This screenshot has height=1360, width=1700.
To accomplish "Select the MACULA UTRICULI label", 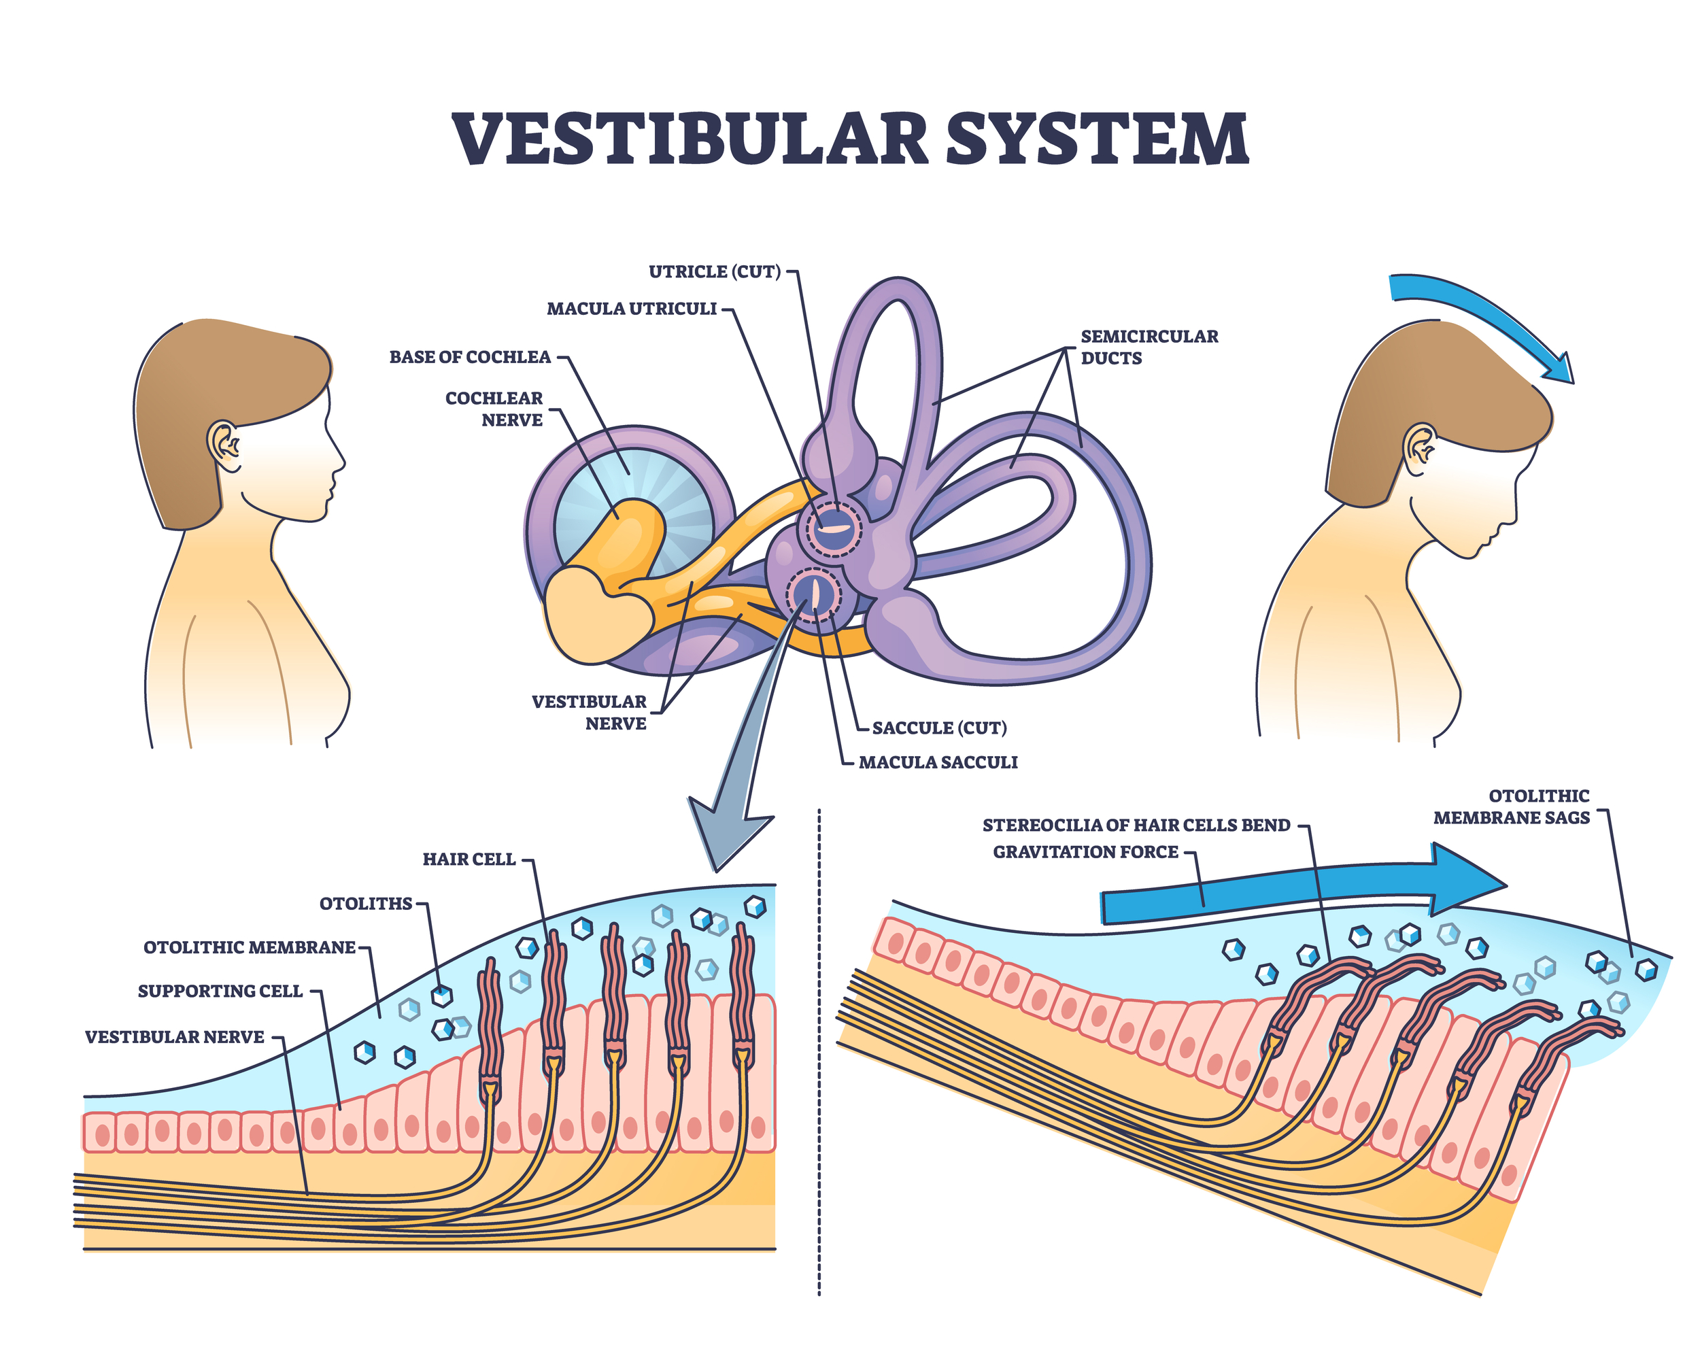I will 632,308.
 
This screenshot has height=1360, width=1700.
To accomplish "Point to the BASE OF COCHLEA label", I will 470,357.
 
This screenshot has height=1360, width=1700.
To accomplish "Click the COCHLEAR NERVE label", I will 494,409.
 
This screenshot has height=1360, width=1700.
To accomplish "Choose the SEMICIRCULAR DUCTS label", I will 1149,347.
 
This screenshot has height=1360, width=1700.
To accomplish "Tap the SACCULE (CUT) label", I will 939,728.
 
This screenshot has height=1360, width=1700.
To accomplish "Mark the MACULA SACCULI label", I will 938,762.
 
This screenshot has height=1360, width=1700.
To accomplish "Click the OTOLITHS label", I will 366,904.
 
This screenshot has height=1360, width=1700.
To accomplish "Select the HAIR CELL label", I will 469,860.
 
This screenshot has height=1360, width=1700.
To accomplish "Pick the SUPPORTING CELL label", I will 220,991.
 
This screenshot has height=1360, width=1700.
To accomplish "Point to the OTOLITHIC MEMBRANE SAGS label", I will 1511,806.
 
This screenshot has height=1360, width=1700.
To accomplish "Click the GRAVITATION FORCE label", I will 1085,852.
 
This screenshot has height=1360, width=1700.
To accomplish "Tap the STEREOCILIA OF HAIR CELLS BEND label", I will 1136,826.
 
